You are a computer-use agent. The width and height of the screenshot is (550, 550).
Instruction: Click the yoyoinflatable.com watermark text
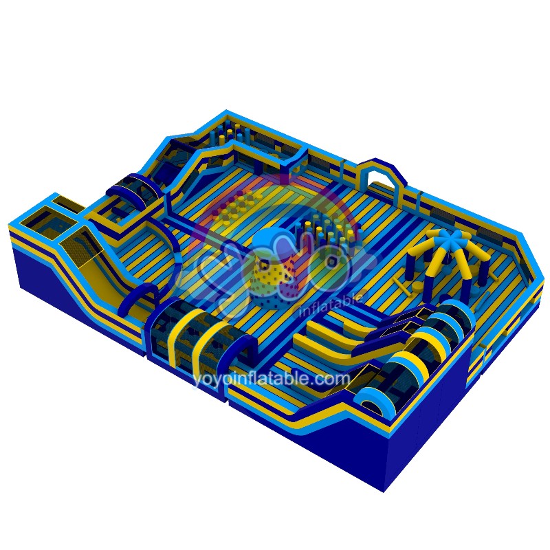pyautogui.click(x=271, y=379)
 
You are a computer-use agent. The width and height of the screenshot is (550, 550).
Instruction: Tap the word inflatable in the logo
pyautogui.click(x=331, y=305)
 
